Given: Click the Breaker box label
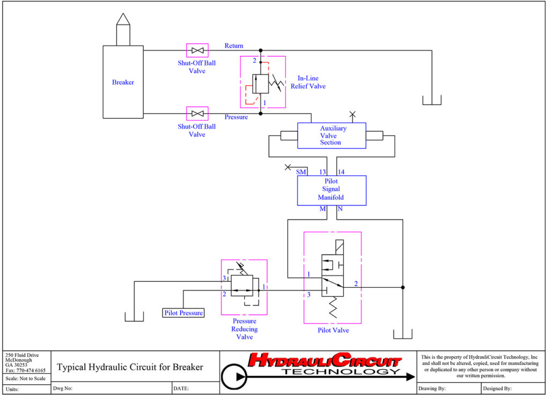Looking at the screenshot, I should click(123, 82).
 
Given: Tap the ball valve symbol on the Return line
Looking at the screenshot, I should click(197, 50).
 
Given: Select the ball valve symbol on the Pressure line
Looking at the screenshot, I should click(197, 114).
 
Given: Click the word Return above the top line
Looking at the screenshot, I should click(234, 46).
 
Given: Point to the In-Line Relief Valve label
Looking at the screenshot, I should click(308, 82).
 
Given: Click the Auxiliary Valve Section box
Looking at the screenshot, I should click(332, 136).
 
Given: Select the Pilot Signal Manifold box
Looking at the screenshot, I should click(331, 190).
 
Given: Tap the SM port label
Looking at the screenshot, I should click(301, 172).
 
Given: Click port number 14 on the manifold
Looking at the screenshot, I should click(341, 172).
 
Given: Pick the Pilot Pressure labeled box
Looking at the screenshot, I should click(183, 312).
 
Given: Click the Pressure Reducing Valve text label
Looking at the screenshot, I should click(244, 329).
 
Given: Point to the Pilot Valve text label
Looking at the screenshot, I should click(333, 330).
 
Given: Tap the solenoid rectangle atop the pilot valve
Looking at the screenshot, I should click(336, 248).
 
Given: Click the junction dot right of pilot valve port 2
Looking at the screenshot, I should click(403, 287).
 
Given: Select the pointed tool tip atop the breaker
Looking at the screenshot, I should click(123, 19).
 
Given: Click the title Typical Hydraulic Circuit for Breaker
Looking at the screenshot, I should click(130, 367).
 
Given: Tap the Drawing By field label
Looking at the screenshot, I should click(434, 389).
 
